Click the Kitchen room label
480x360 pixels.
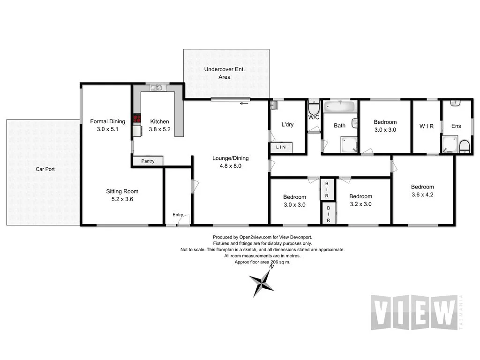[159, 121]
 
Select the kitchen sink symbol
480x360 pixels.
[157, 88]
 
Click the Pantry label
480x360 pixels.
[147, 161]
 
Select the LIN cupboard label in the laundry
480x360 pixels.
[281, 148]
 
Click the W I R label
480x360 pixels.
[427, 126]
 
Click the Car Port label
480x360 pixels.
[45, 169]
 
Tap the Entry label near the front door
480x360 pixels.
[178, 215]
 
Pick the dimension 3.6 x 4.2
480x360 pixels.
[422, 194]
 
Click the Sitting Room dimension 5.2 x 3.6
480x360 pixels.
[122, 199]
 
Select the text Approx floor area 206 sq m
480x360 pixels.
[262, 262]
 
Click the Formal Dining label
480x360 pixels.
[108, 121]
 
